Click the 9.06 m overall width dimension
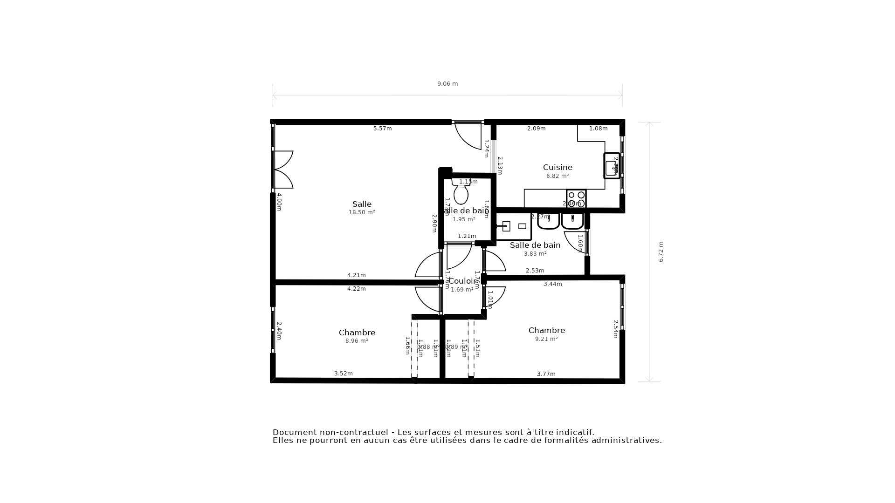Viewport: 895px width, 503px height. coord(447,84)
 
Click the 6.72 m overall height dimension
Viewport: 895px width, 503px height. coord(661,251)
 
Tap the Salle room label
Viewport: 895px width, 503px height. coord(362,204)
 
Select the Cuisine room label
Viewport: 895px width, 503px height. coord(558,167)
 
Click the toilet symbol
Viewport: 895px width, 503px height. coord(461,193)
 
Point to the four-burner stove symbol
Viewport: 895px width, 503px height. coord(576,199)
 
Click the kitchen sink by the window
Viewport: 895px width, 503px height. coord(612,166)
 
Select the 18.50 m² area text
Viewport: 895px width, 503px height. coord(362,212)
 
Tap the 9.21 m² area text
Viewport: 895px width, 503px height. coord(546,339)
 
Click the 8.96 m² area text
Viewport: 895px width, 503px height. coord(357,341)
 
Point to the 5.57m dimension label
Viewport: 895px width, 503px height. coord(382,129)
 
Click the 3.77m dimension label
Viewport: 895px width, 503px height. coord(546,374)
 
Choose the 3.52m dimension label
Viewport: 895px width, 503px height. coord(343,374)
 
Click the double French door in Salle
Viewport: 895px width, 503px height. coord(283,170)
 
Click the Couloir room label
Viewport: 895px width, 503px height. coord(462,281)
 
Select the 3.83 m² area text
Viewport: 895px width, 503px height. coord(535,254)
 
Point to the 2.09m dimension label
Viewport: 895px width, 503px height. coord(536,129)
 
